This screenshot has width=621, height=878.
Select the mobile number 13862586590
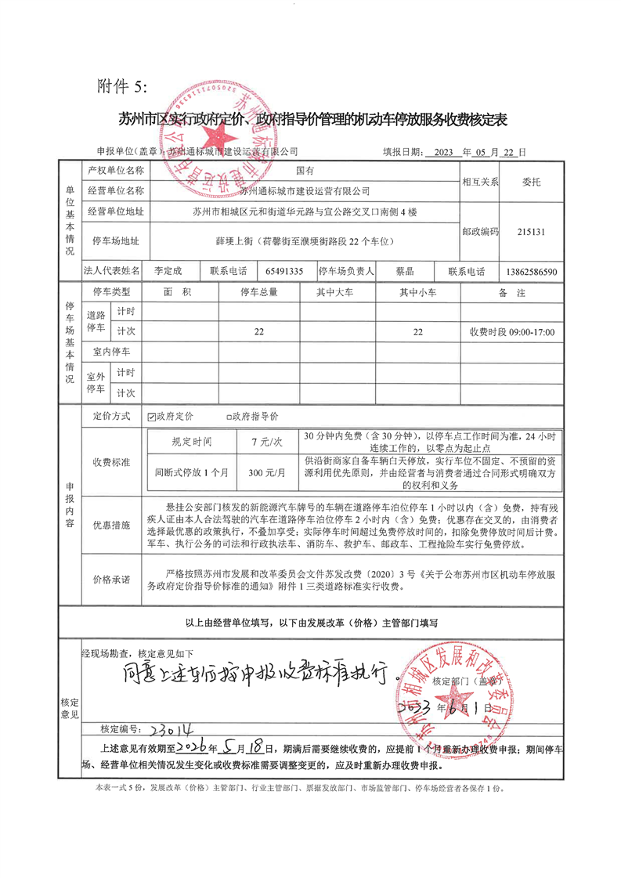[x=532, y=272]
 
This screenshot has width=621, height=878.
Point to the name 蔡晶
[x=405, y=271]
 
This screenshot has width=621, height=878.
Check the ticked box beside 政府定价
[x=152, y=417]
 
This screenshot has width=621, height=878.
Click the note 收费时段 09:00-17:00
[x=512, y=332]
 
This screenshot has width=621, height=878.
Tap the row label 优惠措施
[x=111, y=521]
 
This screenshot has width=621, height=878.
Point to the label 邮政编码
[x=480, y=232]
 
